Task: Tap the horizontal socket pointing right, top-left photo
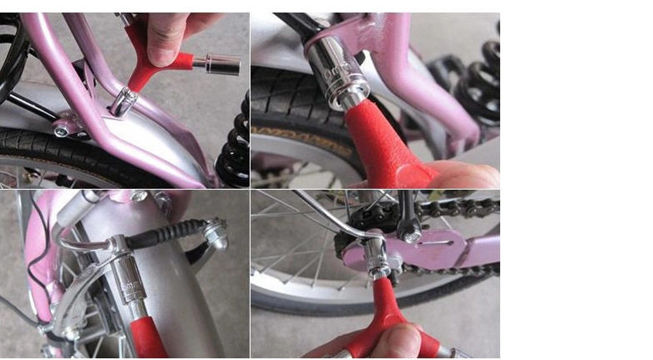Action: [x=222, y=63]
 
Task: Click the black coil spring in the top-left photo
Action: [x=234, y=150]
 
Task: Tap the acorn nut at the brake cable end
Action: [x=216, y=233]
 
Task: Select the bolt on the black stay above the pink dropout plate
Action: [x=411, y=237]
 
